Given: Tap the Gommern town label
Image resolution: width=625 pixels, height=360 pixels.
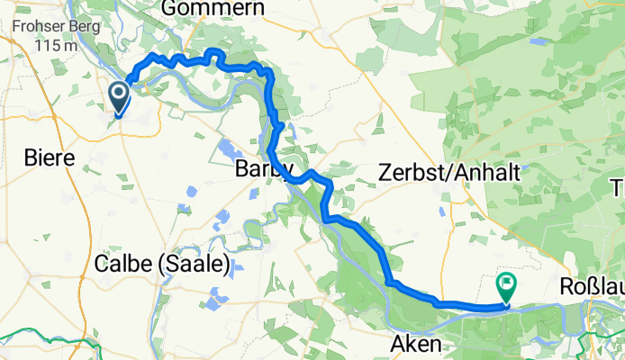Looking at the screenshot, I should point(213,8).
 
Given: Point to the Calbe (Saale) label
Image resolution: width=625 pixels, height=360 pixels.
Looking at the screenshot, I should point(163,265).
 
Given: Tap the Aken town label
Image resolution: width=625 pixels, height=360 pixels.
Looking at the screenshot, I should point(417,343).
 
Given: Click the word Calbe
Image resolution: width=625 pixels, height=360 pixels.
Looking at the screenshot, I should point(120,265).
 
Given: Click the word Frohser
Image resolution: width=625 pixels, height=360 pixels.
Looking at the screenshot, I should point(31,27).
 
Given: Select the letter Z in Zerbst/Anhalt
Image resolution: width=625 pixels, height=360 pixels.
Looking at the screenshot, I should point(385,171).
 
